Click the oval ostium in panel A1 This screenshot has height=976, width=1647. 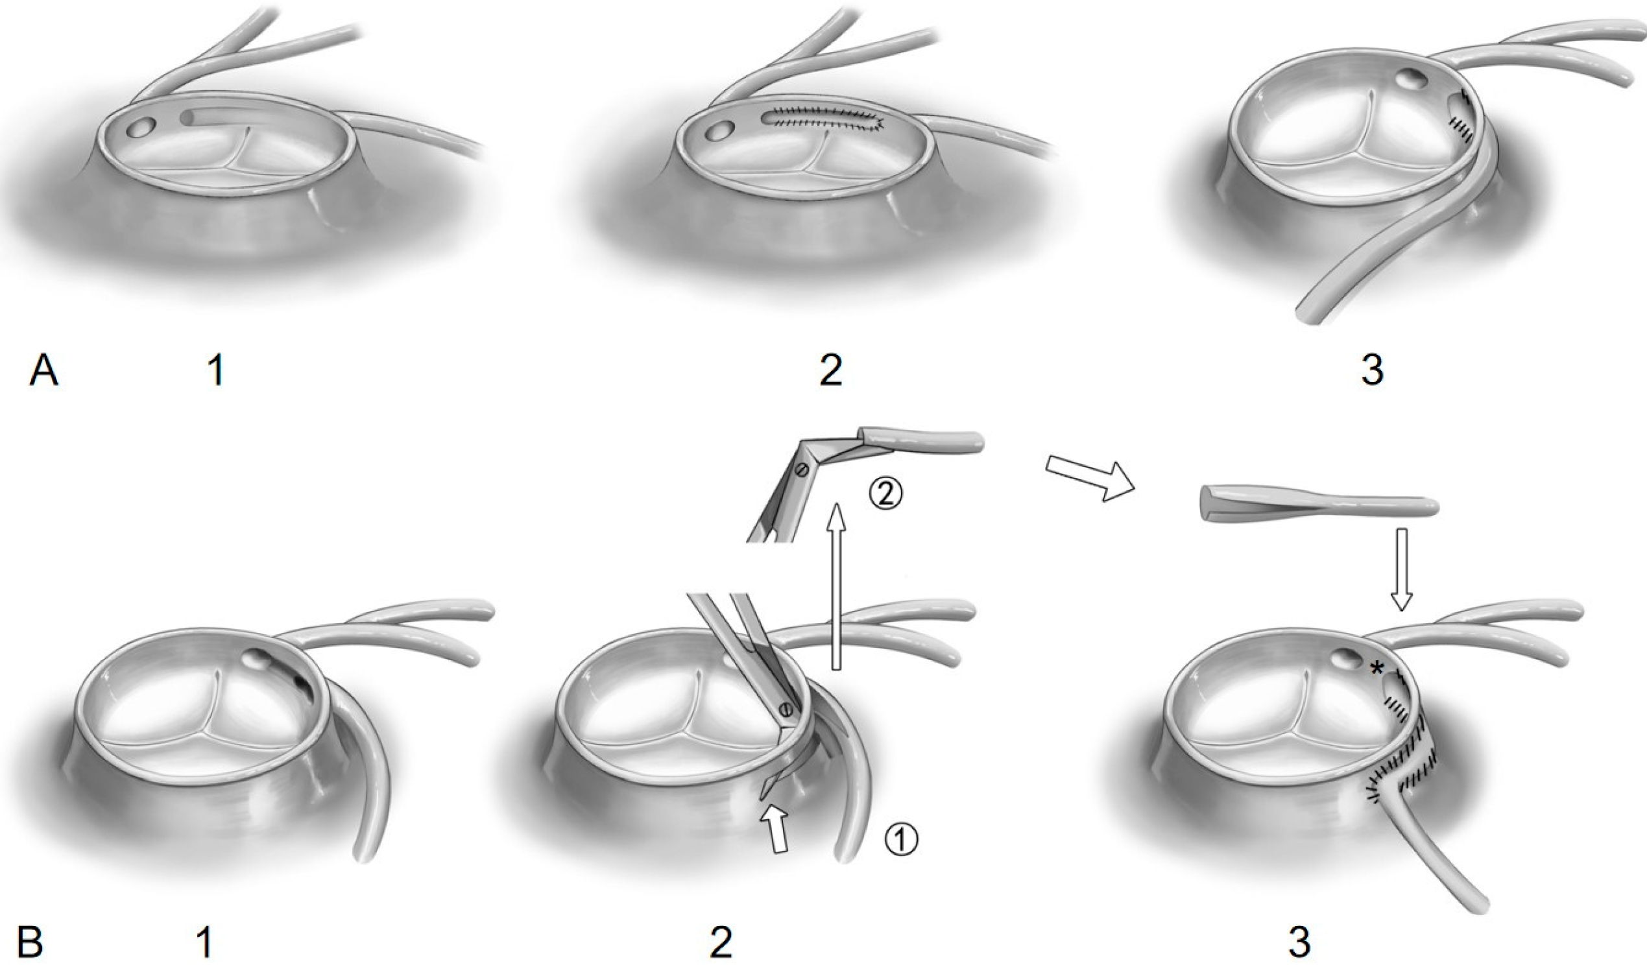click(140, 128)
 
